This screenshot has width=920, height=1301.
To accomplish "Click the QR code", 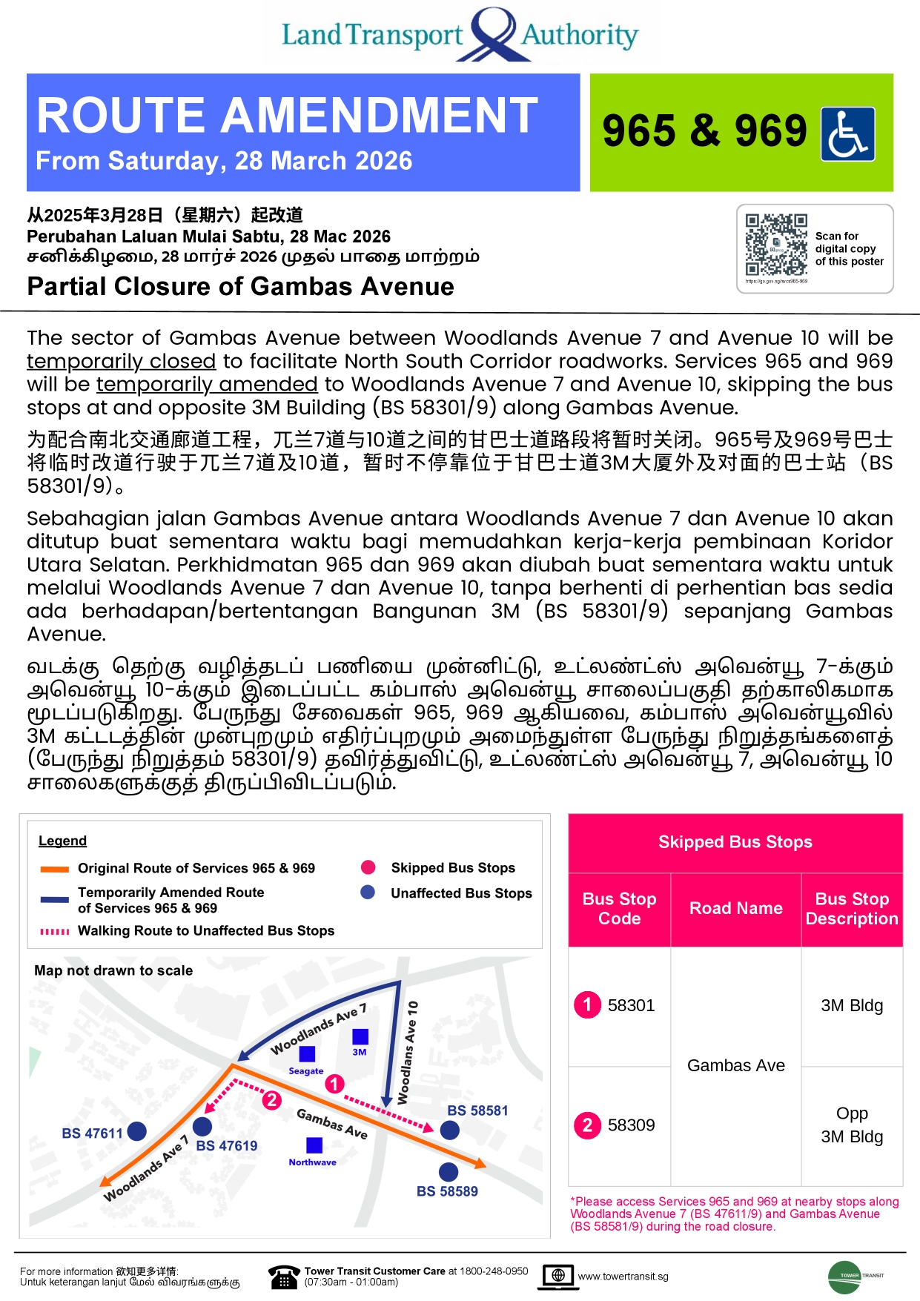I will tap(776, 245).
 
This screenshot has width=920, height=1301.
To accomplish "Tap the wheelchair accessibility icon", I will tap(847, 134).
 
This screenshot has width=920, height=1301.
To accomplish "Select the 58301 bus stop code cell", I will tap(619, 1005).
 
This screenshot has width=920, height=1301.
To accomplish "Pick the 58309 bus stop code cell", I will tap(619, 1125).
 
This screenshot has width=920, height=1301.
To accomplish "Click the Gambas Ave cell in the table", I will tap(735, 1065).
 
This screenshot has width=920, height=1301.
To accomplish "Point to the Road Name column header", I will tap(735, 908).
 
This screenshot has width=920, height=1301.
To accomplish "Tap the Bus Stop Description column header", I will tap(852, 908).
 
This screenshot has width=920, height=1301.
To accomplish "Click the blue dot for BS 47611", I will tap(136, 1131).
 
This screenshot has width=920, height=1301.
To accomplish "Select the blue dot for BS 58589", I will tap(449, 1172).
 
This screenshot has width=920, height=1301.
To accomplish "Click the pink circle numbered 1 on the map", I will tap(335, 1084).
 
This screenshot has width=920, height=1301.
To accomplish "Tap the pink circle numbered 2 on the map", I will tap(272, 1100).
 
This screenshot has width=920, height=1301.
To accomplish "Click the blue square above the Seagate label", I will tap(307, 1053).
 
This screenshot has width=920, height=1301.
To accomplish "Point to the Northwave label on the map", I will tap(312, 1162).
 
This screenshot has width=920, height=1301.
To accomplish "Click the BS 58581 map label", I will tap(477, 1110).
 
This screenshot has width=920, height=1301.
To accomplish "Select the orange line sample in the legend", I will tap(55, 869).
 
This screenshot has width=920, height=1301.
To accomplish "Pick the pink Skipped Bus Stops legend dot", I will tap(368, 867).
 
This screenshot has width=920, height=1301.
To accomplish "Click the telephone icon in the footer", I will tap(283, 1277).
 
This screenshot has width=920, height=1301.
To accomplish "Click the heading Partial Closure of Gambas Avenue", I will tap(240, 287).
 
